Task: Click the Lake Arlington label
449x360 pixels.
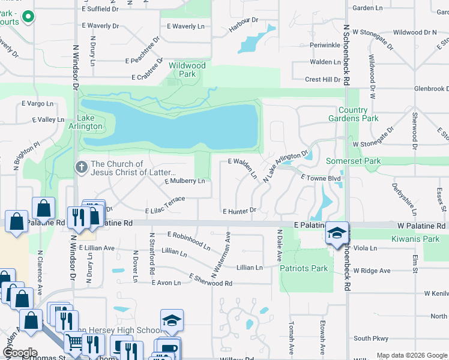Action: coord(89,122)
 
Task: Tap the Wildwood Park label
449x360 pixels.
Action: coord(187,70)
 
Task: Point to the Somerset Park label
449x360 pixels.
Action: coord(353,161)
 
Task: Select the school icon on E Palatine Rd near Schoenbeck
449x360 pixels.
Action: coord(337,233)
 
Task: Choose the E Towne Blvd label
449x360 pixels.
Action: coord(312,178)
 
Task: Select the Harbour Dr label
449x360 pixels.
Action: coord(245,25)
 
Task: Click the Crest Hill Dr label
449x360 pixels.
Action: coord(322,79)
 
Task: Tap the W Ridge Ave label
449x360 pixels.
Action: coord(372,271)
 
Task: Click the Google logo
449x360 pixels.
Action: coord(20,353)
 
